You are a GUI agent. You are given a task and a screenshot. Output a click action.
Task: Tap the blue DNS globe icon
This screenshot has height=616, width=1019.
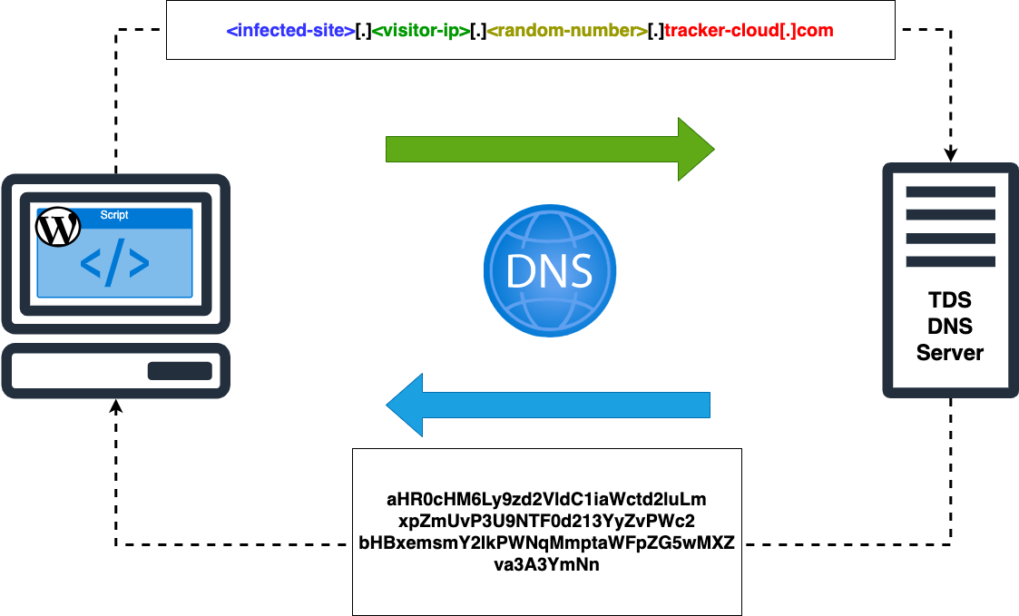click(x=549, y=269)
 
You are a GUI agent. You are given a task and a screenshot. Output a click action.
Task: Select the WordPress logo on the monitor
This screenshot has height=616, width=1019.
click(x=57, y=228)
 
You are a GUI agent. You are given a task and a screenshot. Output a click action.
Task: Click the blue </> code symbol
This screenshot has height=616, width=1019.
click(x=114, y=262)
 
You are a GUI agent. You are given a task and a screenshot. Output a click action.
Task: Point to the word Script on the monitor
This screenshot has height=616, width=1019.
click(x=114, y=215)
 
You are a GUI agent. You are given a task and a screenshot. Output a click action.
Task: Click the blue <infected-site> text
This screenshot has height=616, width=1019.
click(x=290, y=31)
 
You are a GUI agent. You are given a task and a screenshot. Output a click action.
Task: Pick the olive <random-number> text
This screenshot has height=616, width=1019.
click(x=566, y=31)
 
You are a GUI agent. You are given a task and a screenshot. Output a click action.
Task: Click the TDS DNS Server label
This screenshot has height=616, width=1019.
click(x=950, y=327)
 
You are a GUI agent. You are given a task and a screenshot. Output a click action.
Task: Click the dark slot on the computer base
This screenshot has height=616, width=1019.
click(x=180, y=371)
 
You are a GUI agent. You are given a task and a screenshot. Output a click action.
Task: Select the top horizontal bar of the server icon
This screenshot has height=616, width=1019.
click(x=950, y=191)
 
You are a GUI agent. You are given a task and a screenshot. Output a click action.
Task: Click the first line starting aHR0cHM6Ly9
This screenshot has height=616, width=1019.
click(x=546, y=499)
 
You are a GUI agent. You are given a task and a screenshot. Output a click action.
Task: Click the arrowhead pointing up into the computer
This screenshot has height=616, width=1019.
click(x=116, y=406)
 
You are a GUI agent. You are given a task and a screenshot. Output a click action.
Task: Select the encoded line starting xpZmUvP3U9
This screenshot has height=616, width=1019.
click(x=546, y=521)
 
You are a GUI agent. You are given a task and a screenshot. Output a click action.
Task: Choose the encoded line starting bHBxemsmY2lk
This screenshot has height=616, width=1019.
click(x=546, y=543)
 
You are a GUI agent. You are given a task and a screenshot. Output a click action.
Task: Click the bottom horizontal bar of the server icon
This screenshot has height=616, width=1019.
click(x=950, y=260)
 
